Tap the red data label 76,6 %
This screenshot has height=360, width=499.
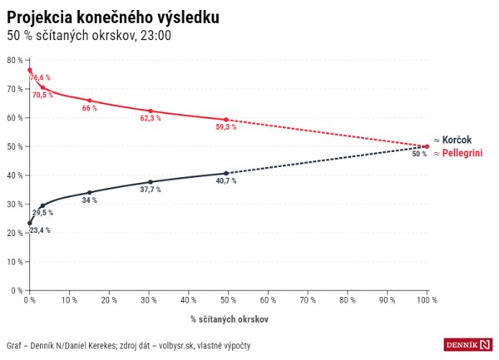click(41, 77)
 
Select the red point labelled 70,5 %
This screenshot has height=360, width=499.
click(42, 87)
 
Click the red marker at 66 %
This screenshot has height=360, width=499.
click(90, 101)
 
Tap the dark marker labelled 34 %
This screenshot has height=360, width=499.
click(90, 192)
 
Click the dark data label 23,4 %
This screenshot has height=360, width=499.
click(39, 229)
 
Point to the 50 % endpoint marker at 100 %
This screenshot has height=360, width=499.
click(427, 146)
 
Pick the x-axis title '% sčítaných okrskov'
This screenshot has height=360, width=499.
click(228, 318)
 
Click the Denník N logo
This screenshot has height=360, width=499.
click(467, 344)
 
